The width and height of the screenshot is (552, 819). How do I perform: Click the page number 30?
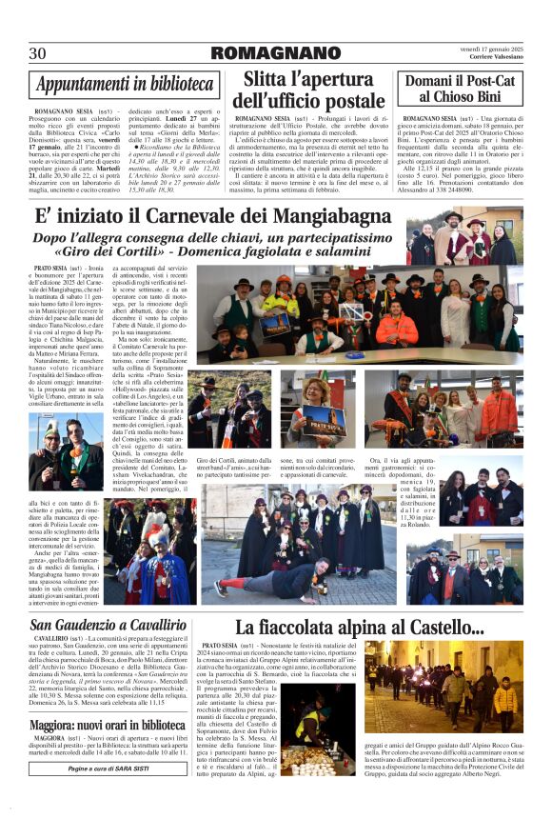coord(38,52)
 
